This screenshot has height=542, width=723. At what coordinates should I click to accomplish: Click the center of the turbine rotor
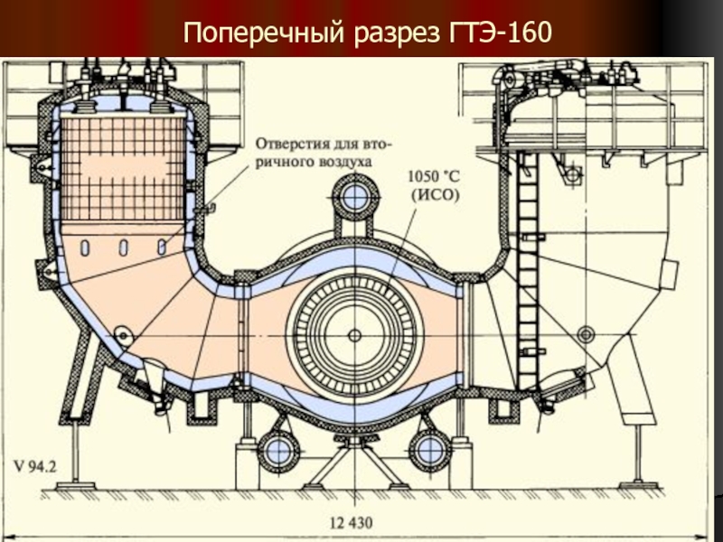[x=355, y=334]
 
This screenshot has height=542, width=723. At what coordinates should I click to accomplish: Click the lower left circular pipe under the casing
[x=277, y=449]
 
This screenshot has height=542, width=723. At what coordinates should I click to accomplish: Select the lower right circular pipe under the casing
[x=429, y=449]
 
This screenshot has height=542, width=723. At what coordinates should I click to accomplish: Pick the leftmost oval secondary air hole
[x=84, y=247]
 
